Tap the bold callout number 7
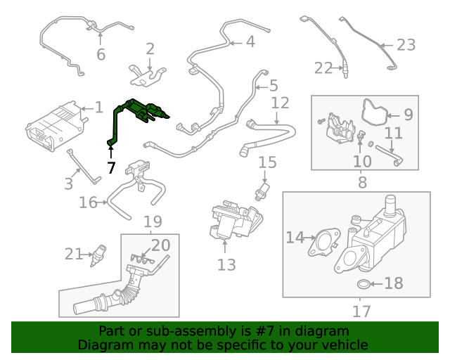pos(110,167)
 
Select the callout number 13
pos(226,264)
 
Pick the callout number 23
pos(406,45)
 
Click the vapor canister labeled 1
pos(55,125)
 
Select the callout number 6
pos(101,54)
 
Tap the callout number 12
pos(280,103)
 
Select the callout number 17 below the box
pos(361,309)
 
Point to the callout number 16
pos(88,202)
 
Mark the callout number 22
pos(323,67)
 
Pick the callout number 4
pos(250,41)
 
